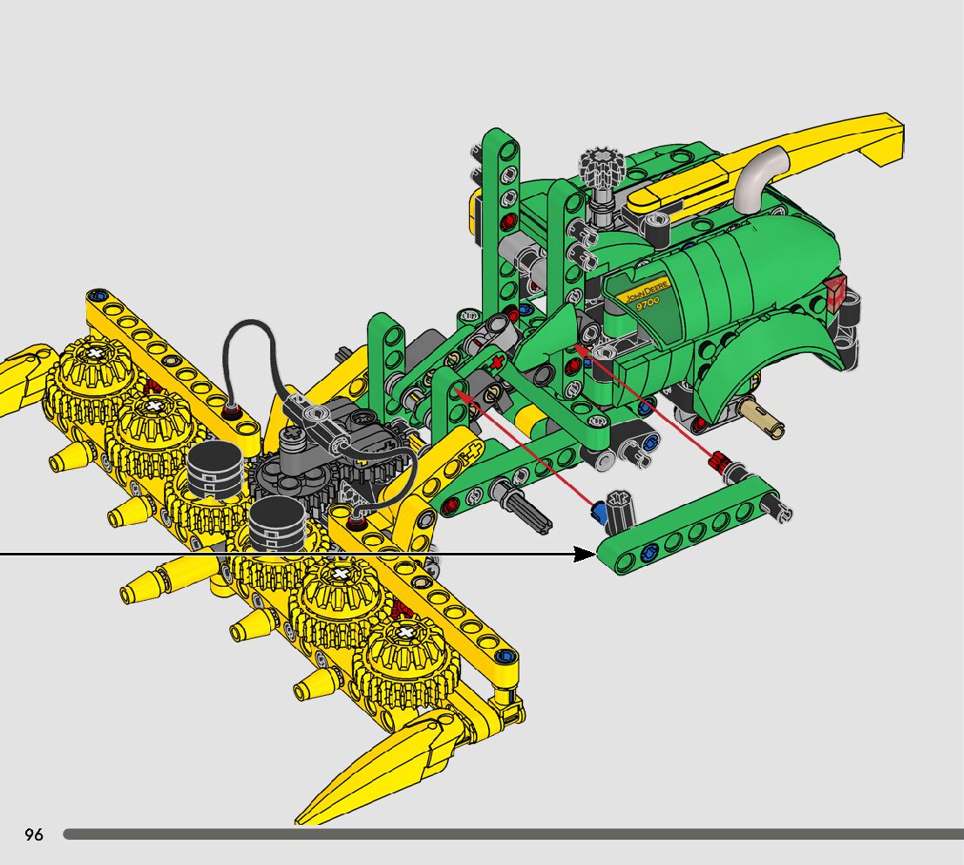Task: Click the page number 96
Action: click(34, 834)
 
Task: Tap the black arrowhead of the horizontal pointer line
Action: click(585, 554)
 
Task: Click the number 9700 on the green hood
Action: click(648, 303)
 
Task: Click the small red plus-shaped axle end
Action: click(498, 363)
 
